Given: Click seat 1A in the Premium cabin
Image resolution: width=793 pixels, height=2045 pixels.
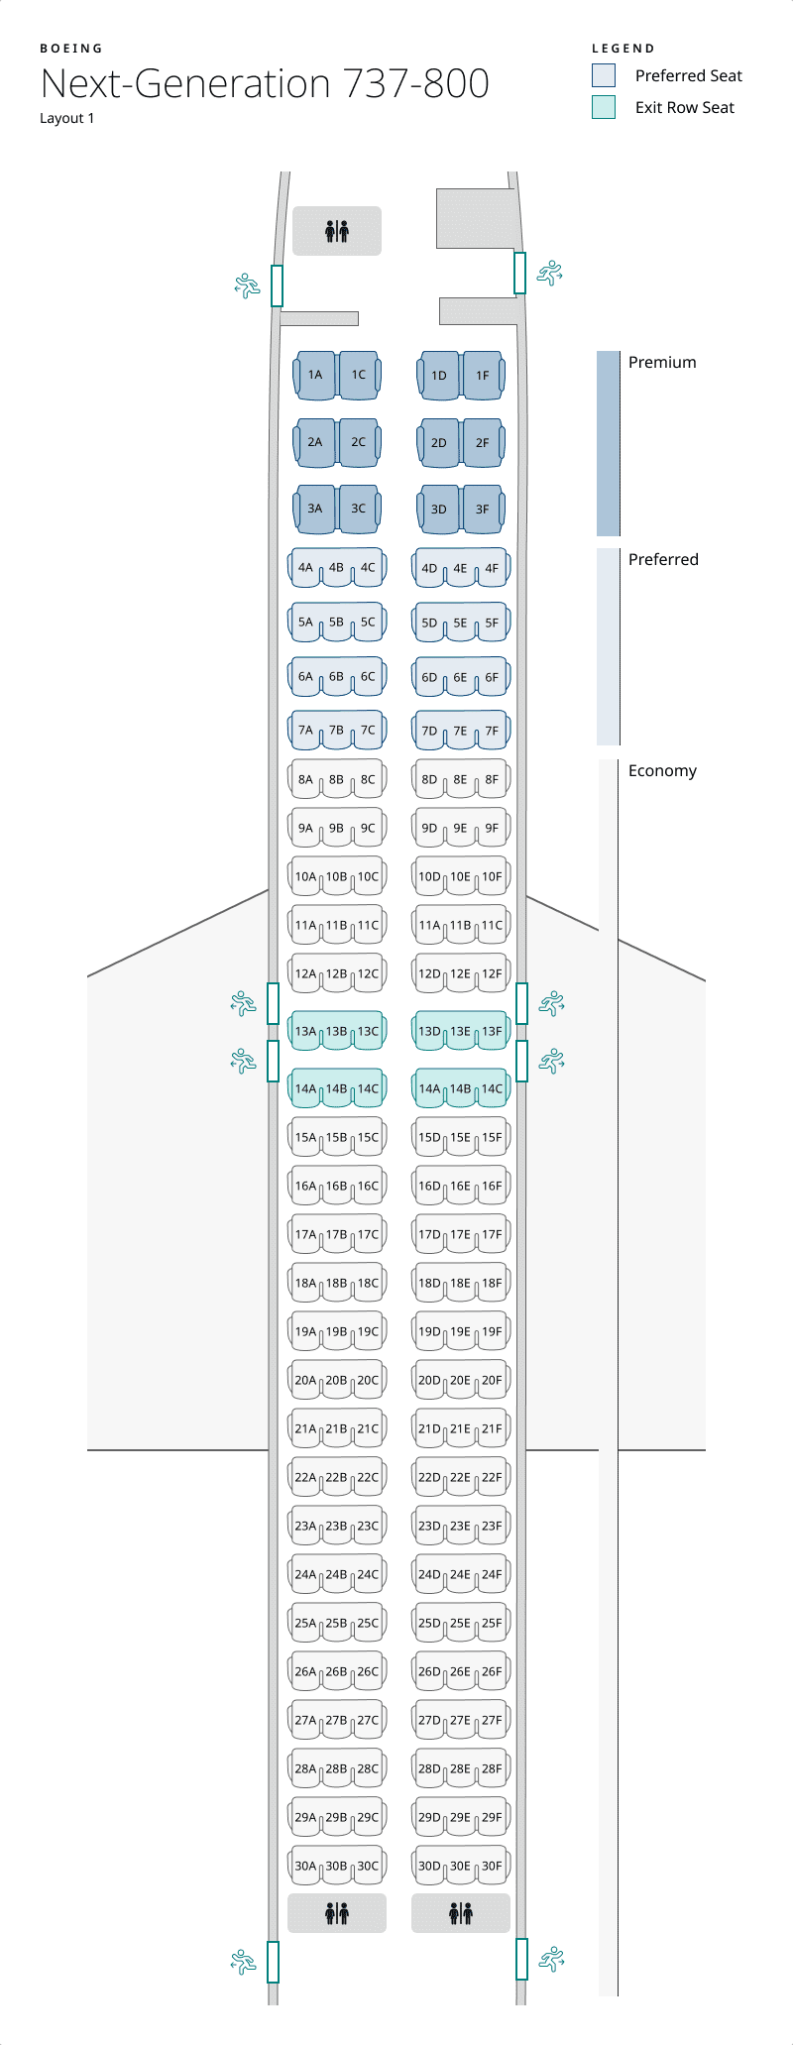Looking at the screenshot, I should pos(315,376).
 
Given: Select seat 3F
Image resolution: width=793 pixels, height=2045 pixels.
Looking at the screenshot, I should pos(482,510).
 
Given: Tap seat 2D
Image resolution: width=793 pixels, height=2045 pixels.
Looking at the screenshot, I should pos(439,443).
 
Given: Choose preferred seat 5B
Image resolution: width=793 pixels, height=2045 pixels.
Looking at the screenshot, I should pos(336,623).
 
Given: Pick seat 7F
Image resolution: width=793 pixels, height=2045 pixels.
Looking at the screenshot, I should pos(492,732).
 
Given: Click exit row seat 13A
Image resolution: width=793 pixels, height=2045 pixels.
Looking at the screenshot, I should pos(305,1032).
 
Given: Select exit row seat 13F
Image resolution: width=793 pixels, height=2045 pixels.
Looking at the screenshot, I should pos(492,1032).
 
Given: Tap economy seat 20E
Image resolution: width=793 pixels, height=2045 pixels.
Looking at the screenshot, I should pos(460,1381).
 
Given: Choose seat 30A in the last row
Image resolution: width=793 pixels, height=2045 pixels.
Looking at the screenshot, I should pos(305,1867).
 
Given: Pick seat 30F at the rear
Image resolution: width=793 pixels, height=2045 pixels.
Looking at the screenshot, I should pos(492,1867).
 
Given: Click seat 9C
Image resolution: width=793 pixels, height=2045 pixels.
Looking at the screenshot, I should pos(368,829).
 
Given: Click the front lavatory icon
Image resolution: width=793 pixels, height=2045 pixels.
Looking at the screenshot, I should pos(337,232).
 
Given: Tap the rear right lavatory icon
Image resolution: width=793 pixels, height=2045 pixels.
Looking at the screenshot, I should pos(461,1913).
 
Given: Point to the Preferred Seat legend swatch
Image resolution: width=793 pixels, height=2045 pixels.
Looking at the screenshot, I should pos(604,75).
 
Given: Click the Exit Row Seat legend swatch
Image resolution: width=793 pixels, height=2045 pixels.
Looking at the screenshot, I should pos(604,107).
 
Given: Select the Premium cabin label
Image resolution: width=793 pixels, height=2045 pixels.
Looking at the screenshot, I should pos(662,363).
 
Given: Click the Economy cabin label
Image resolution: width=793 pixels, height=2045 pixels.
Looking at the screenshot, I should pos(662,771).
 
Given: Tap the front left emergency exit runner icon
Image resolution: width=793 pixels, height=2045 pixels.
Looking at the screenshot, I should pos(247,285).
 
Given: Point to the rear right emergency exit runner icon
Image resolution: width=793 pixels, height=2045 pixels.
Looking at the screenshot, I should pos(551,1959).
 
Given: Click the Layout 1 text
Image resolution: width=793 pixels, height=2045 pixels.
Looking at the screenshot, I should pos(67,118).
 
